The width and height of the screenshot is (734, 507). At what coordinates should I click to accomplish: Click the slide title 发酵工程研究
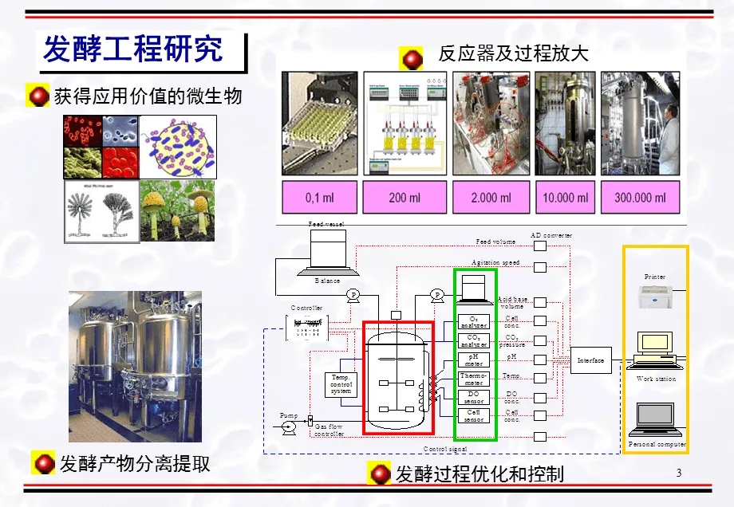point(132,49)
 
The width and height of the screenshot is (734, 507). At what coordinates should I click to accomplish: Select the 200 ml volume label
point(404,197)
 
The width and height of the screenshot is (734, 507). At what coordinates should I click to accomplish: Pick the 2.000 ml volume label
point(490,197)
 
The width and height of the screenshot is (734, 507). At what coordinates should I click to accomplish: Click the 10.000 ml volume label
point(565,197)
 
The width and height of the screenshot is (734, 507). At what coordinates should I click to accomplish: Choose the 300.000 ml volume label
point(640,197)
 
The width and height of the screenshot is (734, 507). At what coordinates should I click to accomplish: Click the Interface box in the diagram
point(590,360)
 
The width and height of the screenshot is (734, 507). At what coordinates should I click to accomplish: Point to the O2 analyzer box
point(474,322)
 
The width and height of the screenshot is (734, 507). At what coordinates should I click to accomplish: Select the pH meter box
point(474,360)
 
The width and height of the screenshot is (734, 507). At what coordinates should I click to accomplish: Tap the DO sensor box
point(474,397)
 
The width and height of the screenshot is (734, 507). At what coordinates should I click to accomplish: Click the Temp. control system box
point(341,384)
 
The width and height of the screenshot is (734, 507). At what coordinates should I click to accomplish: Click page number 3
point(679,473)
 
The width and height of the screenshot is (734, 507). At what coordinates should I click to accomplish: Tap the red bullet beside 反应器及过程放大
point(412,57)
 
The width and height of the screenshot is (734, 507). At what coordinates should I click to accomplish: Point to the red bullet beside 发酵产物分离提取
point(42,462)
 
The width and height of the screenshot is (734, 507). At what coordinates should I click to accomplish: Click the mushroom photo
point(177,210)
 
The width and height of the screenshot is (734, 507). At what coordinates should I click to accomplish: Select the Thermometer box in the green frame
point(474,379)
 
